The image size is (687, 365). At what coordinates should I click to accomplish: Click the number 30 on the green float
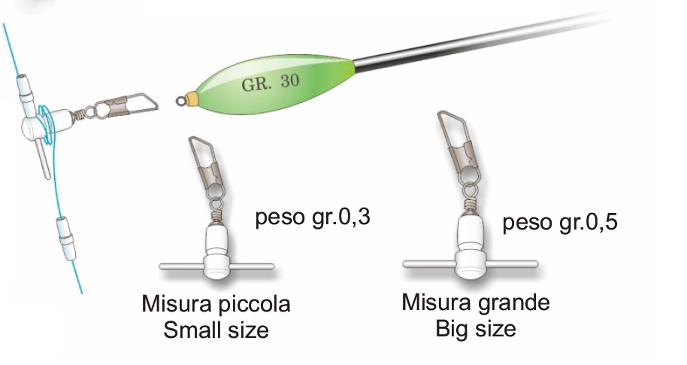(290, 81)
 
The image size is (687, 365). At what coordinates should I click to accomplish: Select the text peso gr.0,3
(313, 217)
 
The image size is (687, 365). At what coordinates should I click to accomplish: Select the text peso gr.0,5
(560, 221)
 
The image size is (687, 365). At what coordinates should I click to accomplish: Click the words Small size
(216, 330)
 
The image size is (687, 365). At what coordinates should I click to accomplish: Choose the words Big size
(476, 329)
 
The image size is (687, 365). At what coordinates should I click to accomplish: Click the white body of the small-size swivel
(216, 251)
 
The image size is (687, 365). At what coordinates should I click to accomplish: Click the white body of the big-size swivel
(470, 246)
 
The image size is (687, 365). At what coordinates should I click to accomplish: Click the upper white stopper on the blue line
(25, 93)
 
